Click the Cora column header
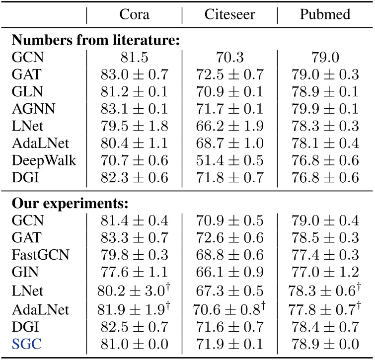(134, 14)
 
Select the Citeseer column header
(229, 14)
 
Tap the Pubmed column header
(325, 14)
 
